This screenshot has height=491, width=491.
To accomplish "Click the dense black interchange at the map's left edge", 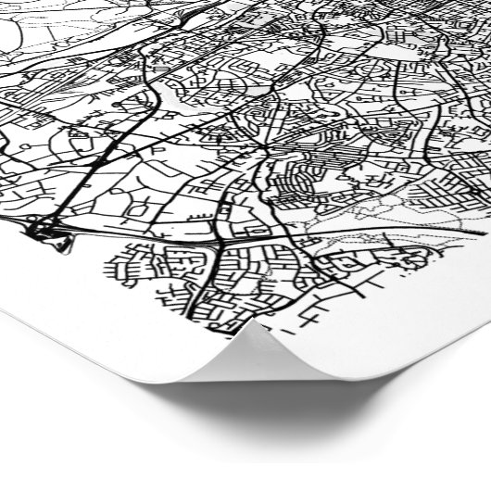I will pos(42,225).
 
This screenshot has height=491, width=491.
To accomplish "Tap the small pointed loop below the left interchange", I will pos(62,245).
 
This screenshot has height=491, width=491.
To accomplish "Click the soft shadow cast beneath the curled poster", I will pos(306,408).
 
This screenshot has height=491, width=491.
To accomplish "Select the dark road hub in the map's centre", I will pos(263,148).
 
